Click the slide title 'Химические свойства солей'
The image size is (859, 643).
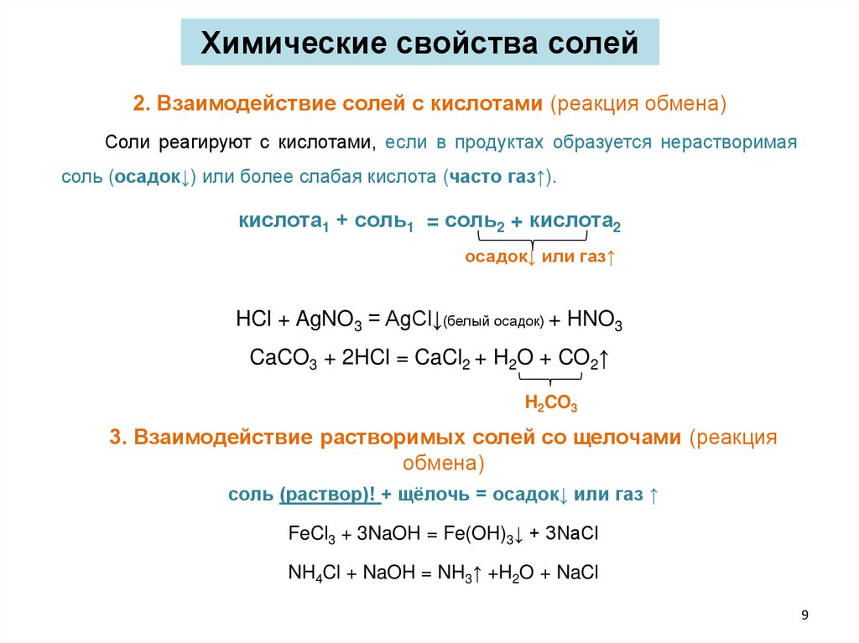coord(419,42)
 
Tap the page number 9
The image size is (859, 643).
coord(805,616)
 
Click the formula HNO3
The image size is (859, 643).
coord(595,320)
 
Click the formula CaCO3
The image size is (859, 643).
coord(284,358)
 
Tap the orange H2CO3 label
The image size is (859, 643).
coord(550,403)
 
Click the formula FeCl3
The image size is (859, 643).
coord(311,534)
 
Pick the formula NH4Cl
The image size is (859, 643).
coord(312,573)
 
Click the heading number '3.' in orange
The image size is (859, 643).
coord(117,439)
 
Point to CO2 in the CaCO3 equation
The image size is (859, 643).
coord(580,358)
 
